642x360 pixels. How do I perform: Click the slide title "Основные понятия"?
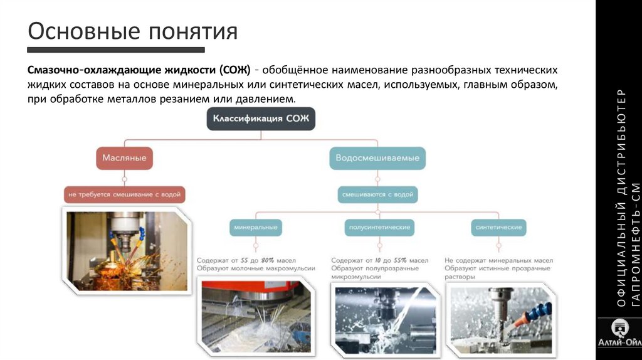click(132, 31)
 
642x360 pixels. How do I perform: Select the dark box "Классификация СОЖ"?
click(261, 118)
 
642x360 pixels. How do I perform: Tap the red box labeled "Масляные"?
click(124, 157)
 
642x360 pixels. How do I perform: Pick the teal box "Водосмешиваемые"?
click(377, 158)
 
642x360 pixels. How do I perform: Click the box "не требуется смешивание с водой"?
click(124, 195)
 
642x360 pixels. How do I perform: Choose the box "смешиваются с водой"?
click(377, 195)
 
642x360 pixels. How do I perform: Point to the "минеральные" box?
click(255, 227)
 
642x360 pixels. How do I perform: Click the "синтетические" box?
click(498, 227)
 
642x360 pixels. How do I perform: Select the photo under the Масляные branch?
click(127, 250)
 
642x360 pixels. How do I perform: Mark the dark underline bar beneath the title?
click(116, 50)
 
